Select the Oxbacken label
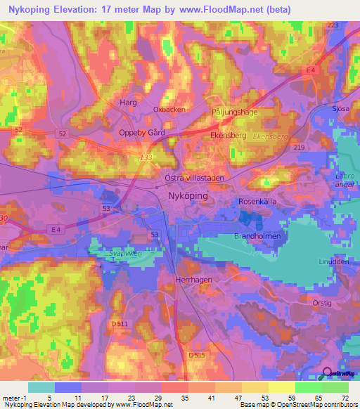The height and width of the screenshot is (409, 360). click(169, 110)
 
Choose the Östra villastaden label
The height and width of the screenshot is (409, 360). click(194, 178)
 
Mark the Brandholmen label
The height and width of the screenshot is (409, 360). click(257, 237)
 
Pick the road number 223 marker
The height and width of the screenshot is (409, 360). click(333, 25)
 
